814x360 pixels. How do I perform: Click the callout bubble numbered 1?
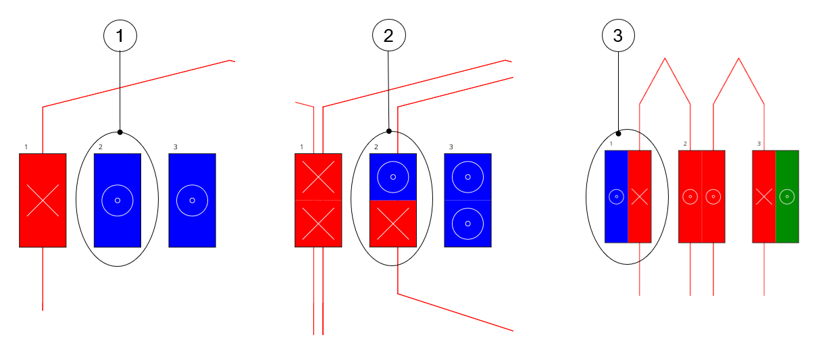pyautogui.click(x=120, y=36)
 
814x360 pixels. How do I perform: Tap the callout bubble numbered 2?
pyautogui.click(x=388, y=36)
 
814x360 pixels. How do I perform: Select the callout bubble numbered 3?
pyautogui.click(x=618, y=36)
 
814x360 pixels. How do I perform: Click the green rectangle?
pyautogui.click(x=787, y=197)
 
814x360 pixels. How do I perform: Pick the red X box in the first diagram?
pyautogui.click(x=43, y=200)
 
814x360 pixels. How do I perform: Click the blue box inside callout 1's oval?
pyautogui.click(x=118, y=200)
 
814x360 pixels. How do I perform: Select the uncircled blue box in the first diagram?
pyautogui.click(x=193, y=200)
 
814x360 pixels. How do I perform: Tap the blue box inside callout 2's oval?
pyautogui.click(x=393, y=177)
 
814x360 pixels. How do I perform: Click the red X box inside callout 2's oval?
pyautogui.click(x=393, y=224)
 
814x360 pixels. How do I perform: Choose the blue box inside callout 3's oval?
pyautogui.click(x=616, y=197)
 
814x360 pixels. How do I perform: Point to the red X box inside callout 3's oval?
pyautogui.click(x=639, y=197)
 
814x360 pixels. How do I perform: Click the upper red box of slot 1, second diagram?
pyautogui.click(x=318, y=177)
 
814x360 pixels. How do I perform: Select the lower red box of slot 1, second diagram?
pyautogui.click(x=318, y=224)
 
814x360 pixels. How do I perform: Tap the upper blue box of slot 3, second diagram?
pyautogui.click(x=467, y=177)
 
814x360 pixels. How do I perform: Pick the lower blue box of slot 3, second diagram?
pyautogui.click(x=467, y=224)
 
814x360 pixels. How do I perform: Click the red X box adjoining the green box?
pyautogui.click(x=764, y=197)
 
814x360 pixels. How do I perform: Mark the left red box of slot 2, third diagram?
pyautogui.click(x=690, y=197)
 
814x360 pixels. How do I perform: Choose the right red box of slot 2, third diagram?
pyautogui.click(x=713, y=197)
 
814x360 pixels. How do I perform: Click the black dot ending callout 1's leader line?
pyautogui.click(x=120, y=132)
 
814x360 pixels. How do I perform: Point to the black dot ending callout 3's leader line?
pyautogui.click(x=618, y=134)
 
